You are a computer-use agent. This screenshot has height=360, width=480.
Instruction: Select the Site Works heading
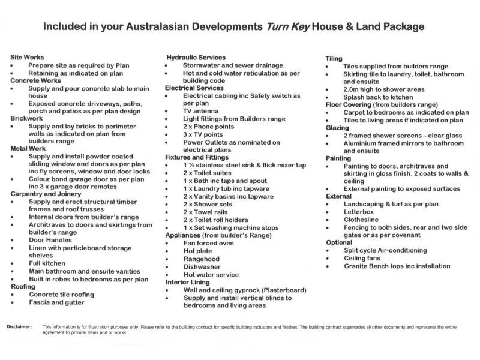[27, 58]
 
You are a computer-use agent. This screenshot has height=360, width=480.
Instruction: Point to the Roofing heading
[23, 287]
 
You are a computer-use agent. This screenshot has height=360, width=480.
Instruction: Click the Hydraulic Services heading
[196, 58]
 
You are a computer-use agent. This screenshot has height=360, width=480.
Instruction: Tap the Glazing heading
[337, 128]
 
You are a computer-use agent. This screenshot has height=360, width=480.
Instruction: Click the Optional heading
[339, 242]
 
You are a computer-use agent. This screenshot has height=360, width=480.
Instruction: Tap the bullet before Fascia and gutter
[13, 303]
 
